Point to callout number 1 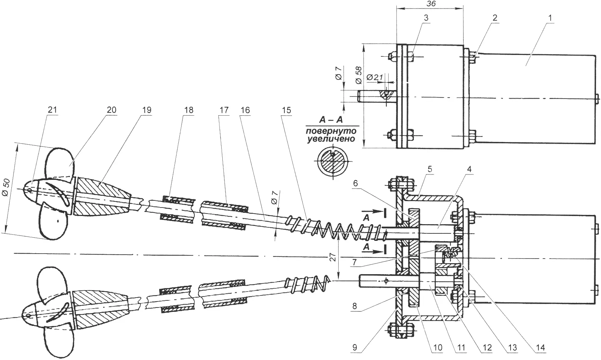click(x=550, y=18)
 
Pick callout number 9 click(x=355, y=347)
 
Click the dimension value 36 click(x=431, y=4)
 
